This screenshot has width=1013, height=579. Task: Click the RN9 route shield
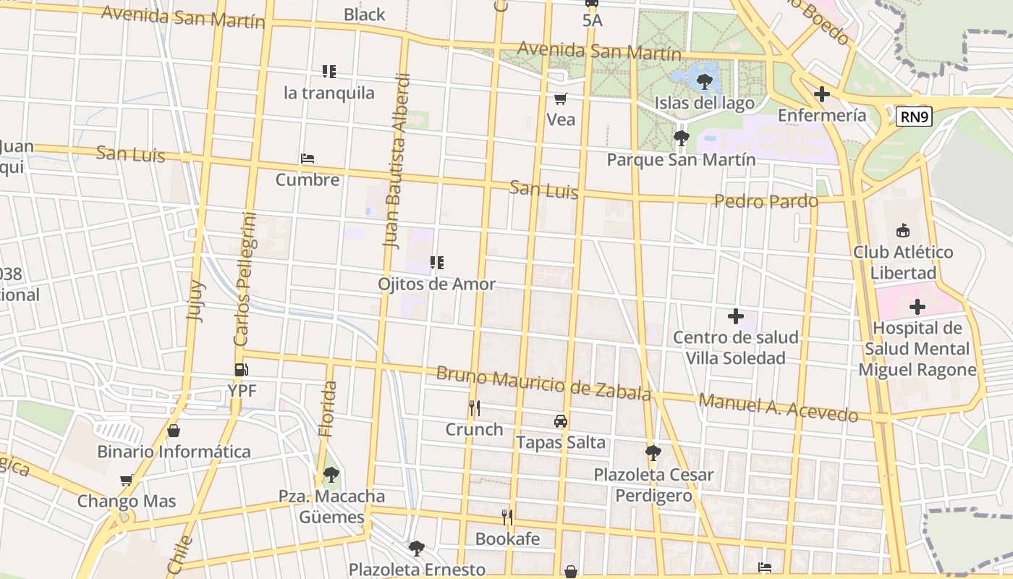pos(914,117)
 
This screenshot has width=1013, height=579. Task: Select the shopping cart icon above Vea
pos(561,98)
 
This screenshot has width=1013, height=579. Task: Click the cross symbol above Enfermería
pos(821,94)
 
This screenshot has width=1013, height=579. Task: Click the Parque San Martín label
pos(681,159)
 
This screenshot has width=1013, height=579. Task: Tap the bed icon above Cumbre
pos(308,159)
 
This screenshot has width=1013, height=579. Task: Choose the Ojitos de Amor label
pos(436,284)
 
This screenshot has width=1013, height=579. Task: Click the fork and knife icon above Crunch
pos(474,408)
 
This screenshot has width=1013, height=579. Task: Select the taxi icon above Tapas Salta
pos(560,421)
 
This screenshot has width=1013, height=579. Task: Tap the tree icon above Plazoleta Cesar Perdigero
pos(653,453)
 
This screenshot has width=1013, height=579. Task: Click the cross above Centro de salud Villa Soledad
pos(736,316)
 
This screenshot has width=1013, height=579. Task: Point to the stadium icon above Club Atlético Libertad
pos(902,232)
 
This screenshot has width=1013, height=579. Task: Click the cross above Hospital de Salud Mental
pos(917,307)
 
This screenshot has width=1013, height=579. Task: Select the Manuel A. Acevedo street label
pos(779,407)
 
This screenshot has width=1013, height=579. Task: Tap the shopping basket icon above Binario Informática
pos(174,431)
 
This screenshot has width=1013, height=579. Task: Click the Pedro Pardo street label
pos(766,200)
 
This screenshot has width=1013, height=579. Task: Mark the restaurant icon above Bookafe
pos(507,517)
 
